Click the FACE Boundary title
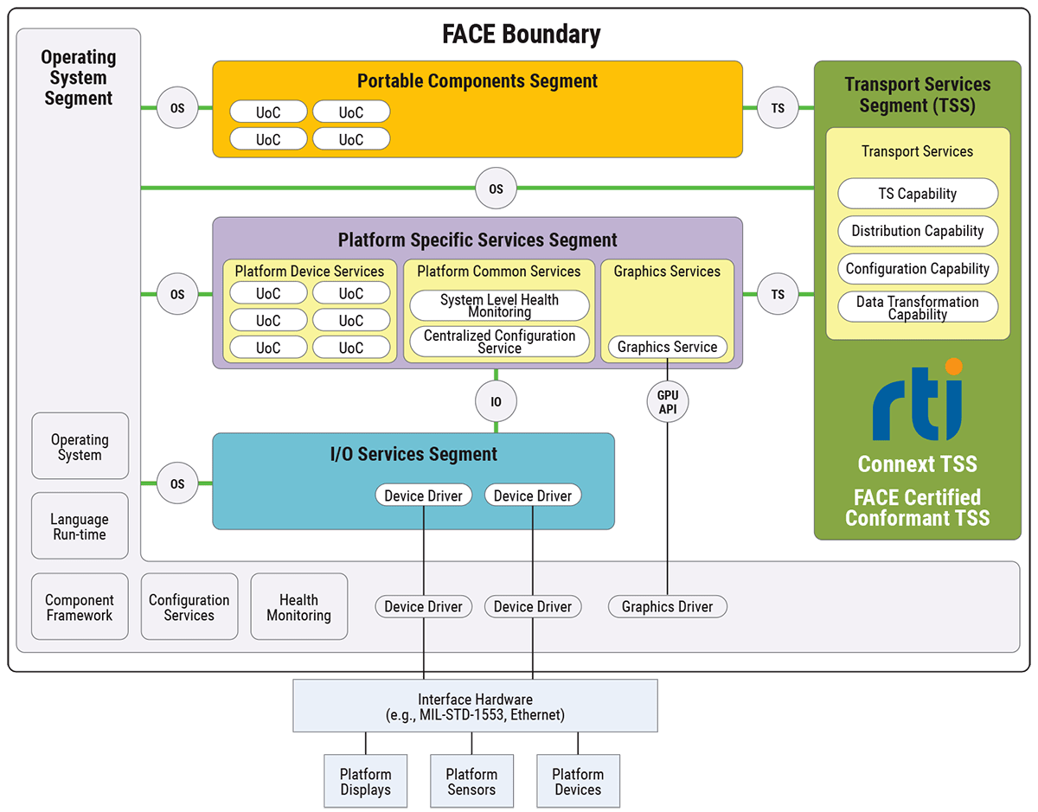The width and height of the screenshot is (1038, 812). point(521,34)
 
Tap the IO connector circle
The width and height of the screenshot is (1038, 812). point(496,401)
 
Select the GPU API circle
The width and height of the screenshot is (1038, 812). point(667,401)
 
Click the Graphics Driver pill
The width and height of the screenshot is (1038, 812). point(667,607)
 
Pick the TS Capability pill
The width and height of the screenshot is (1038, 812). point(917,194)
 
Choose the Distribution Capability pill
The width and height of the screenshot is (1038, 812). point(917,231)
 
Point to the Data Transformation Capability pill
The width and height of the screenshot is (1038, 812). point(917,308)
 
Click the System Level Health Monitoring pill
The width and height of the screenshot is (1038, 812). point(499,306)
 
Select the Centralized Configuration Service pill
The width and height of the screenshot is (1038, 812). point(499,342)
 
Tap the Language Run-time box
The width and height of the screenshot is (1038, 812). point(80,527)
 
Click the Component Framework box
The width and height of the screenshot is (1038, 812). point(80,607)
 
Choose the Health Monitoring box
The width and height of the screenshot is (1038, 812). point(298,607)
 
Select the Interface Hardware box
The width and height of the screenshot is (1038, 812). point(475,707)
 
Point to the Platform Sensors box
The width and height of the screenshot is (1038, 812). point(471,781)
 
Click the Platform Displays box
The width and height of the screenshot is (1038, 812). point(365,781)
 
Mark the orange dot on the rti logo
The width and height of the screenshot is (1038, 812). point(953,368)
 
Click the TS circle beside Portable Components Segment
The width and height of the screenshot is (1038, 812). point(778,108)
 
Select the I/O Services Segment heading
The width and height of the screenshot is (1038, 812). point(413,454)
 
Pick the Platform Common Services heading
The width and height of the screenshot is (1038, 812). point(499,272)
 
